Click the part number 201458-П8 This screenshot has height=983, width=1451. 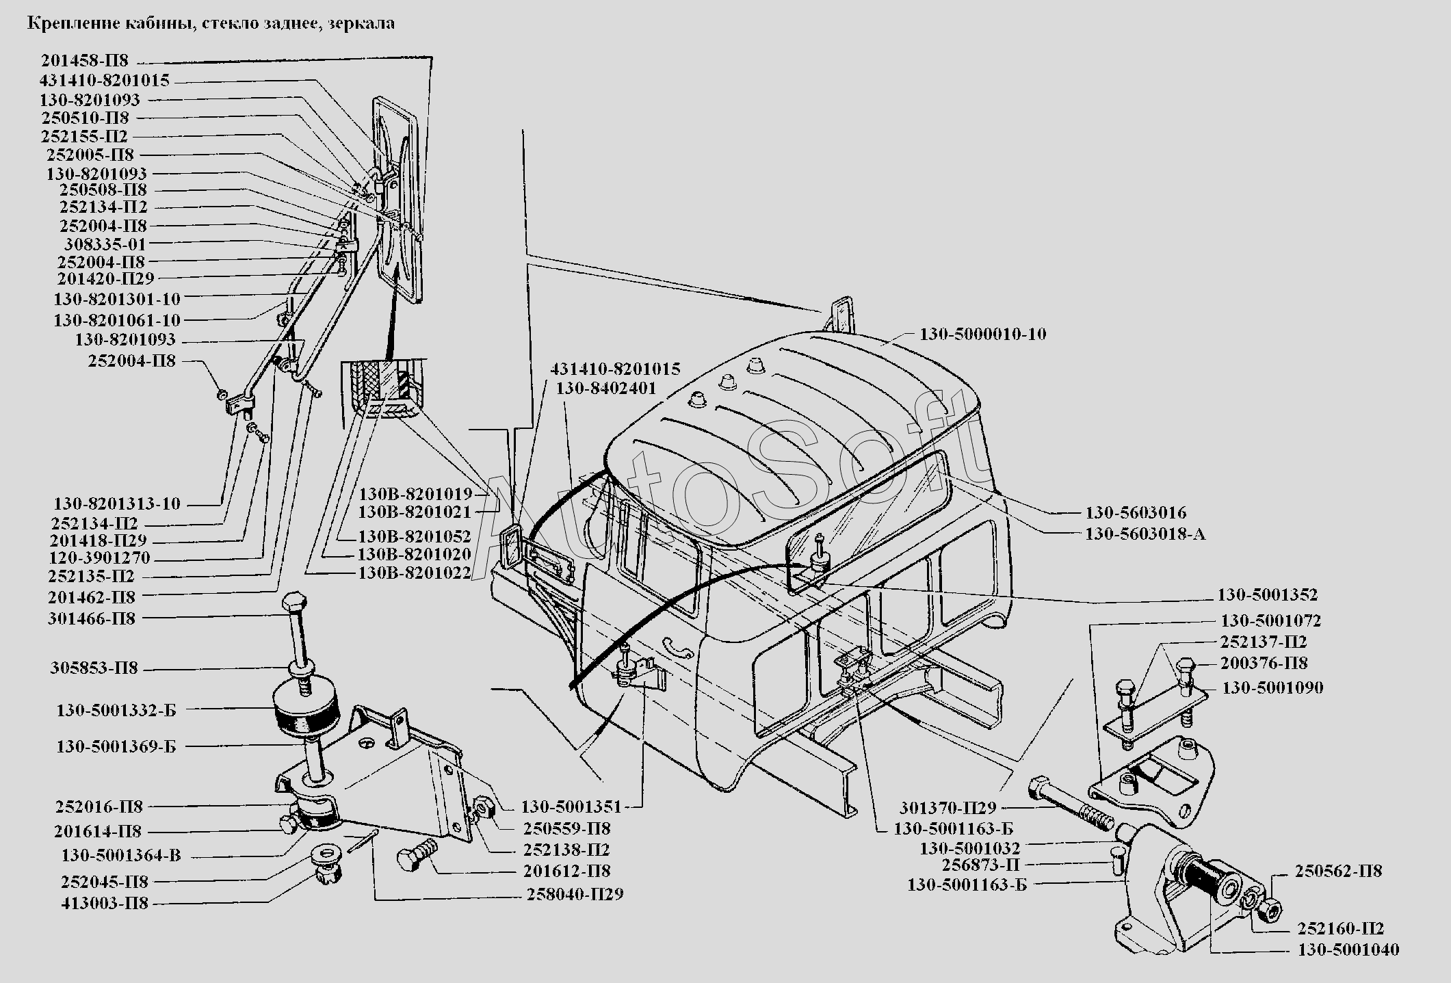point(84,61)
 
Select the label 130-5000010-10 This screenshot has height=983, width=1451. point(982,335)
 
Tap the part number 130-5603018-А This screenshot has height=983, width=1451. point(1145,534)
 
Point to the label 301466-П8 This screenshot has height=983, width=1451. point(92,618)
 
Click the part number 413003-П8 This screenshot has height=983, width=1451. point(104,904)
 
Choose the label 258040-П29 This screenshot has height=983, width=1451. point(575,894)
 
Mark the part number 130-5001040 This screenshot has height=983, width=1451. point(1348,949)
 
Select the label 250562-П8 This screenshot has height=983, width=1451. point(1338,871)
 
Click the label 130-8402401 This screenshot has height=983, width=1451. point(605,389)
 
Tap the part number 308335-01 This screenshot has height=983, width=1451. point(105,244)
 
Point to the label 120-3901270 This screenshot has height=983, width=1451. point(99,558)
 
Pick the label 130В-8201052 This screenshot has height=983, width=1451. point(415,536)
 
